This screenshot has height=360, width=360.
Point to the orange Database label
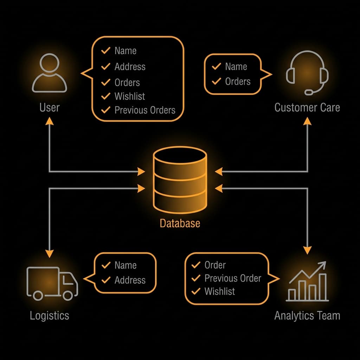point(180,223)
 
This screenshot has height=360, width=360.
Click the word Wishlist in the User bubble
point(130,96)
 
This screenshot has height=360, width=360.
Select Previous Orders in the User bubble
point(145,110)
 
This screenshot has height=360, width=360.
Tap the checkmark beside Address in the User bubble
point(105,66)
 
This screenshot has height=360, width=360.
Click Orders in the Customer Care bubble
point(238,82)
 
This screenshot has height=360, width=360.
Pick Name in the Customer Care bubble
point(236,66)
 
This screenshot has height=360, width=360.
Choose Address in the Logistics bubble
point(130,280)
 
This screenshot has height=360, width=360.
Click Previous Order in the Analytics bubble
point(233,278)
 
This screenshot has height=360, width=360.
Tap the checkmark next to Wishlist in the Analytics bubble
point(195,291)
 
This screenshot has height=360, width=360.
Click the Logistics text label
point(49,315)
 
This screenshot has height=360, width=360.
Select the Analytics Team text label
point(307,315)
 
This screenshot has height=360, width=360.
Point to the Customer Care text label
point(307,107)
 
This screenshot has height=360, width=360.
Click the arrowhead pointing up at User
point(49,121)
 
